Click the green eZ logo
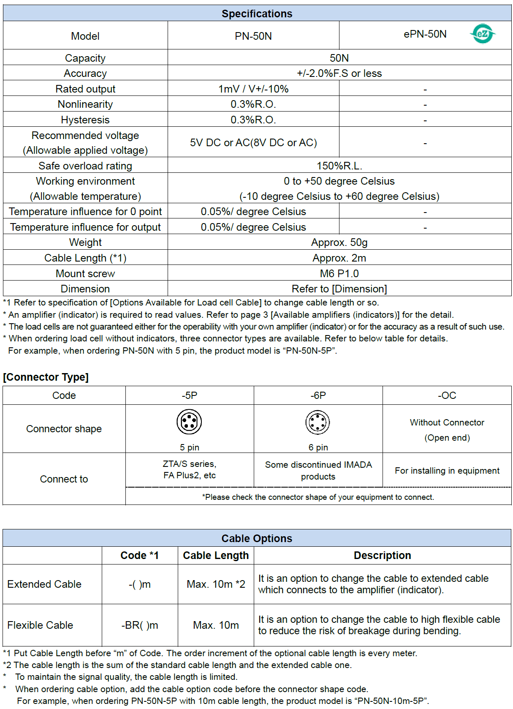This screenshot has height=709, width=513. coord(482,34)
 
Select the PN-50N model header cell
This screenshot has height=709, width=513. coord(253,36)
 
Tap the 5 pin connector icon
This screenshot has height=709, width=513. coord(189,422)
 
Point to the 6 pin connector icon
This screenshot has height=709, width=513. coord(318,422)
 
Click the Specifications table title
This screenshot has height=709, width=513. coord(257,14)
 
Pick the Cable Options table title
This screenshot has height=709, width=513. coord(257,538)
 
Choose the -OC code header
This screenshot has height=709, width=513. coord(447,395)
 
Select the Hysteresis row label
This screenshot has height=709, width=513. coord(85,120)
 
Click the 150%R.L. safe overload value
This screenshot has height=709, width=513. coord(339,166)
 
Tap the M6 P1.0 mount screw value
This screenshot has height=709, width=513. coord(339,274)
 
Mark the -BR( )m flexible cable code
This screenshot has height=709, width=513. coord(140,625)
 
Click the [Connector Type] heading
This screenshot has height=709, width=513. coord(46,377)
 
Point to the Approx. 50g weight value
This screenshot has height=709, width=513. coord(339,243)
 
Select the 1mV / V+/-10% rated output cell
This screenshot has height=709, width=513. coord(253,89)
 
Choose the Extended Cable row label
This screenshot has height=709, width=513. coord(44,584)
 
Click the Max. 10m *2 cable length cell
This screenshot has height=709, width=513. coord(216,584)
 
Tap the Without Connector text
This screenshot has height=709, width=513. coord(447,423)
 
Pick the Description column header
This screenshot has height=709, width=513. coord(382,556)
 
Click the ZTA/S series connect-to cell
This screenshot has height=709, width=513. coord(190,470)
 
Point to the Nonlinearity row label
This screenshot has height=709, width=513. coord(85,104)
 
